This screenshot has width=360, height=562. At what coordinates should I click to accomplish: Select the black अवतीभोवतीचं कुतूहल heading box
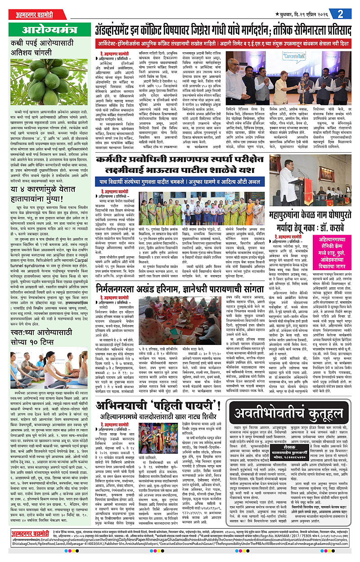click(x=284, y=412)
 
